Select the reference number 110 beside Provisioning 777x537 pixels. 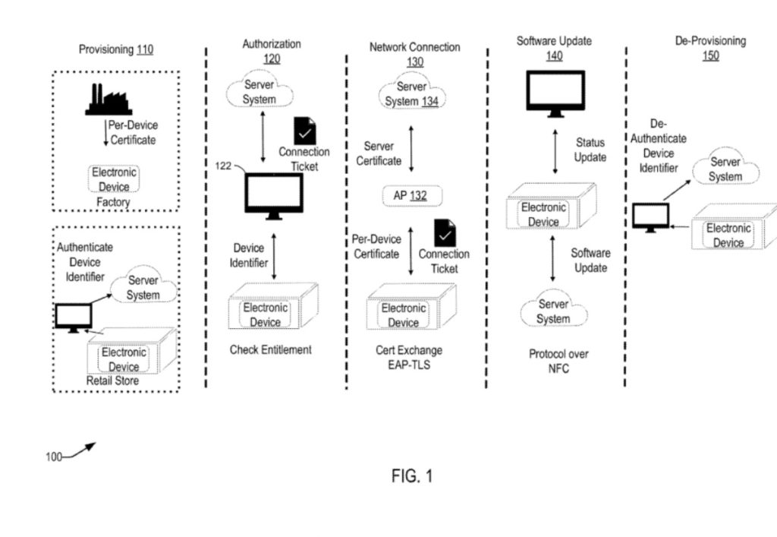[x=144, y=49]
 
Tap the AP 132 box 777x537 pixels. [x=411, y=196]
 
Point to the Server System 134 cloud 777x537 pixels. [x=412, y=94]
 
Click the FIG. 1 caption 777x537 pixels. [x=412, y=476]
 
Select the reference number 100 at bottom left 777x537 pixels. [x=54, y=456]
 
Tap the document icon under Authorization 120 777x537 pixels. [x=305, y=131]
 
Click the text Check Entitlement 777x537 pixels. [x=270, y=350]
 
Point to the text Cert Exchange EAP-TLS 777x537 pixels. [x=408, y=358]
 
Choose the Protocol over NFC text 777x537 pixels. [x=558, y=362]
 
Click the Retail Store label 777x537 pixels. [x=114, y=380]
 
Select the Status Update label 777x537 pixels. [x=590, y=150]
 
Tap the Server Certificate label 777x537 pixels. [x=379, y=153]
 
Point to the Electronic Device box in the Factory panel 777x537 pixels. [x=114, y=179]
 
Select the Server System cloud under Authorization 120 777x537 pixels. [x=260, y=92]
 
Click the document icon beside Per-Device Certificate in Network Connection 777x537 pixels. [x=444, y=232]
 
